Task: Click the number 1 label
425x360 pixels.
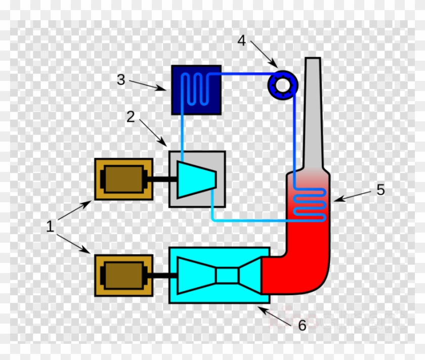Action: point(50,227)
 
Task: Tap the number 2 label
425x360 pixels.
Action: point(131,117)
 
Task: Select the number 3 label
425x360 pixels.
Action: point(120,79)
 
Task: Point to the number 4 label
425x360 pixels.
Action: point(242,40)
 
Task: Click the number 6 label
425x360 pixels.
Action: point(302,325)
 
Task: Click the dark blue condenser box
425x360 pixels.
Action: point(196,89)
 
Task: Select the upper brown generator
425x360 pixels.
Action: point(123,179)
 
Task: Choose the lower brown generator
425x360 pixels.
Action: point(123,275)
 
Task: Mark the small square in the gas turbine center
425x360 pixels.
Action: point(227,276)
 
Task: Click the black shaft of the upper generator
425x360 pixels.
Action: point(161,178)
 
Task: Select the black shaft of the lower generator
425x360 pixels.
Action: point(161,276)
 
